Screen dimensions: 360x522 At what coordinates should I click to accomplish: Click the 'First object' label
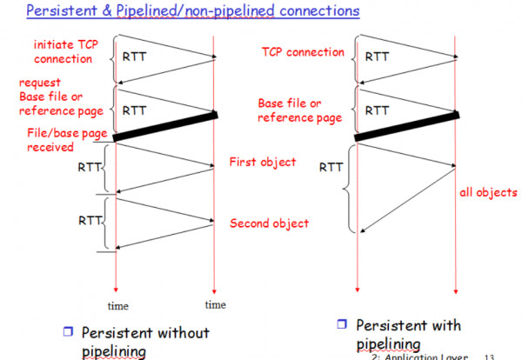tap(262, 163)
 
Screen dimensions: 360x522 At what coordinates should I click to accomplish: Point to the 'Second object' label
tap(269, 223)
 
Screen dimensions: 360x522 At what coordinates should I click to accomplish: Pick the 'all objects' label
tap(488, 192)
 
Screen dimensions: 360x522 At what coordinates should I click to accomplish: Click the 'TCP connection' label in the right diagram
tap(303, 52)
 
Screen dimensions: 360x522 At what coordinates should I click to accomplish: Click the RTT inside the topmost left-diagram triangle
tap(135, 57)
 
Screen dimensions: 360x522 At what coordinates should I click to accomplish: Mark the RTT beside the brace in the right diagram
tap(331, 167)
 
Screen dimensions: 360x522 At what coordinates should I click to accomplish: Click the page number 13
tap(488, 356)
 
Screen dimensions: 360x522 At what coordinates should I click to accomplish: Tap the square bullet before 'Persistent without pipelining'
tap(67, 333)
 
